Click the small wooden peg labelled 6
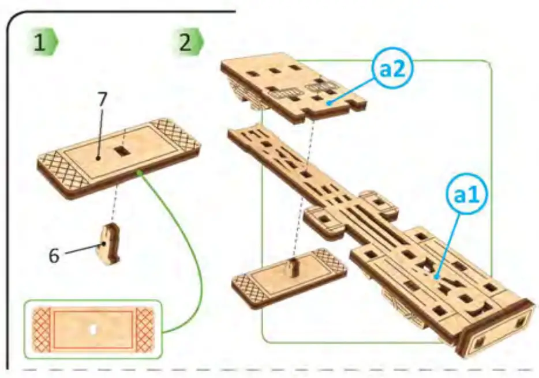(110, 245)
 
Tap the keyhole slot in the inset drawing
(93, 330)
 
